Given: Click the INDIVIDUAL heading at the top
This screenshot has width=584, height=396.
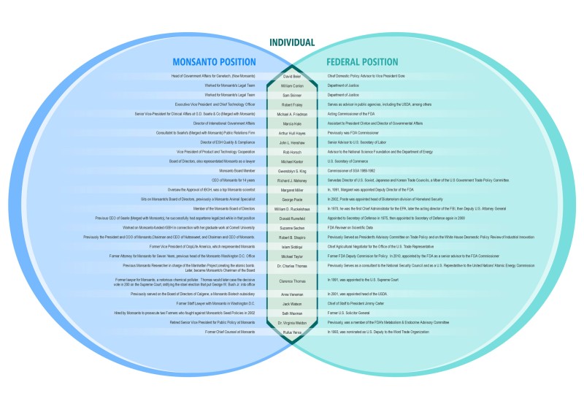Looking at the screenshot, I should point(292,42).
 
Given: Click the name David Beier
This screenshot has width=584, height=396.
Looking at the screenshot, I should point(292,76).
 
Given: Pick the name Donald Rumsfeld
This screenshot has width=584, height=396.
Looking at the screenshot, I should point(292,218).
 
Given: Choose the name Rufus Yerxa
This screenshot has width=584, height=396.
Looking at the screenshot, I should point(292,332).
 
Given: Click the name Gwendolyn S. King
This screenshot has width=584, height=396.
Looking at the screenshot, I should point(292,170).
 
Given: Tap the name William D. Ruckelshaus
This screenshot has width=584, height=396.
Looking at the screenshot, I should point(292,209).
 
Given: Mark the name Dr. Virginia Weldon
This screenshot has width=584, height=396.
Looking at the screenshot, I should point(292,323).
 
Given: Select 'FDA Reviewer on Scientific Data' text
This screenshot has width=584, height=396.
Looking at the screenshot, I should point(352,228).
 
